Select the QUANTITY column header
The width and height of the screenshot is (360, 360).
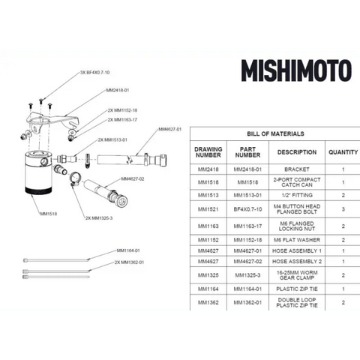click(x=342, y=151)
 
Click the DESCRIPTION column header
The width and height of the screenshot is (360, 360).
click(x=296, y=151)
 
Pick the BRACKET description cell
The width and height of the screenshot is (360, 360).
click(x=296, y=170)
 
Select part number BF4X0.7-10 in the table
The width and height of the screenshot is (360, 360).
click(x=247, y=209)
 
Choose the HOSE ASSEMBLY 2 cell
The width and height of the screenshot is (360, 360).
click(x=296, y=260)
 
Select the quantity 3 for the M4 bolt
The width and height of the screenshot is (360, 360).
click(x=342, y=209)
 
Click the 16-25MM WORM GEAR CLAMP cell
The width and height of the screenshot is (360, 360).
click(x=296, y=275)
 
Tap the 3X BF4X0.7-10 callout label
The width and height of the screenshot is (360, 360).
click(x=95, y=73)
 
